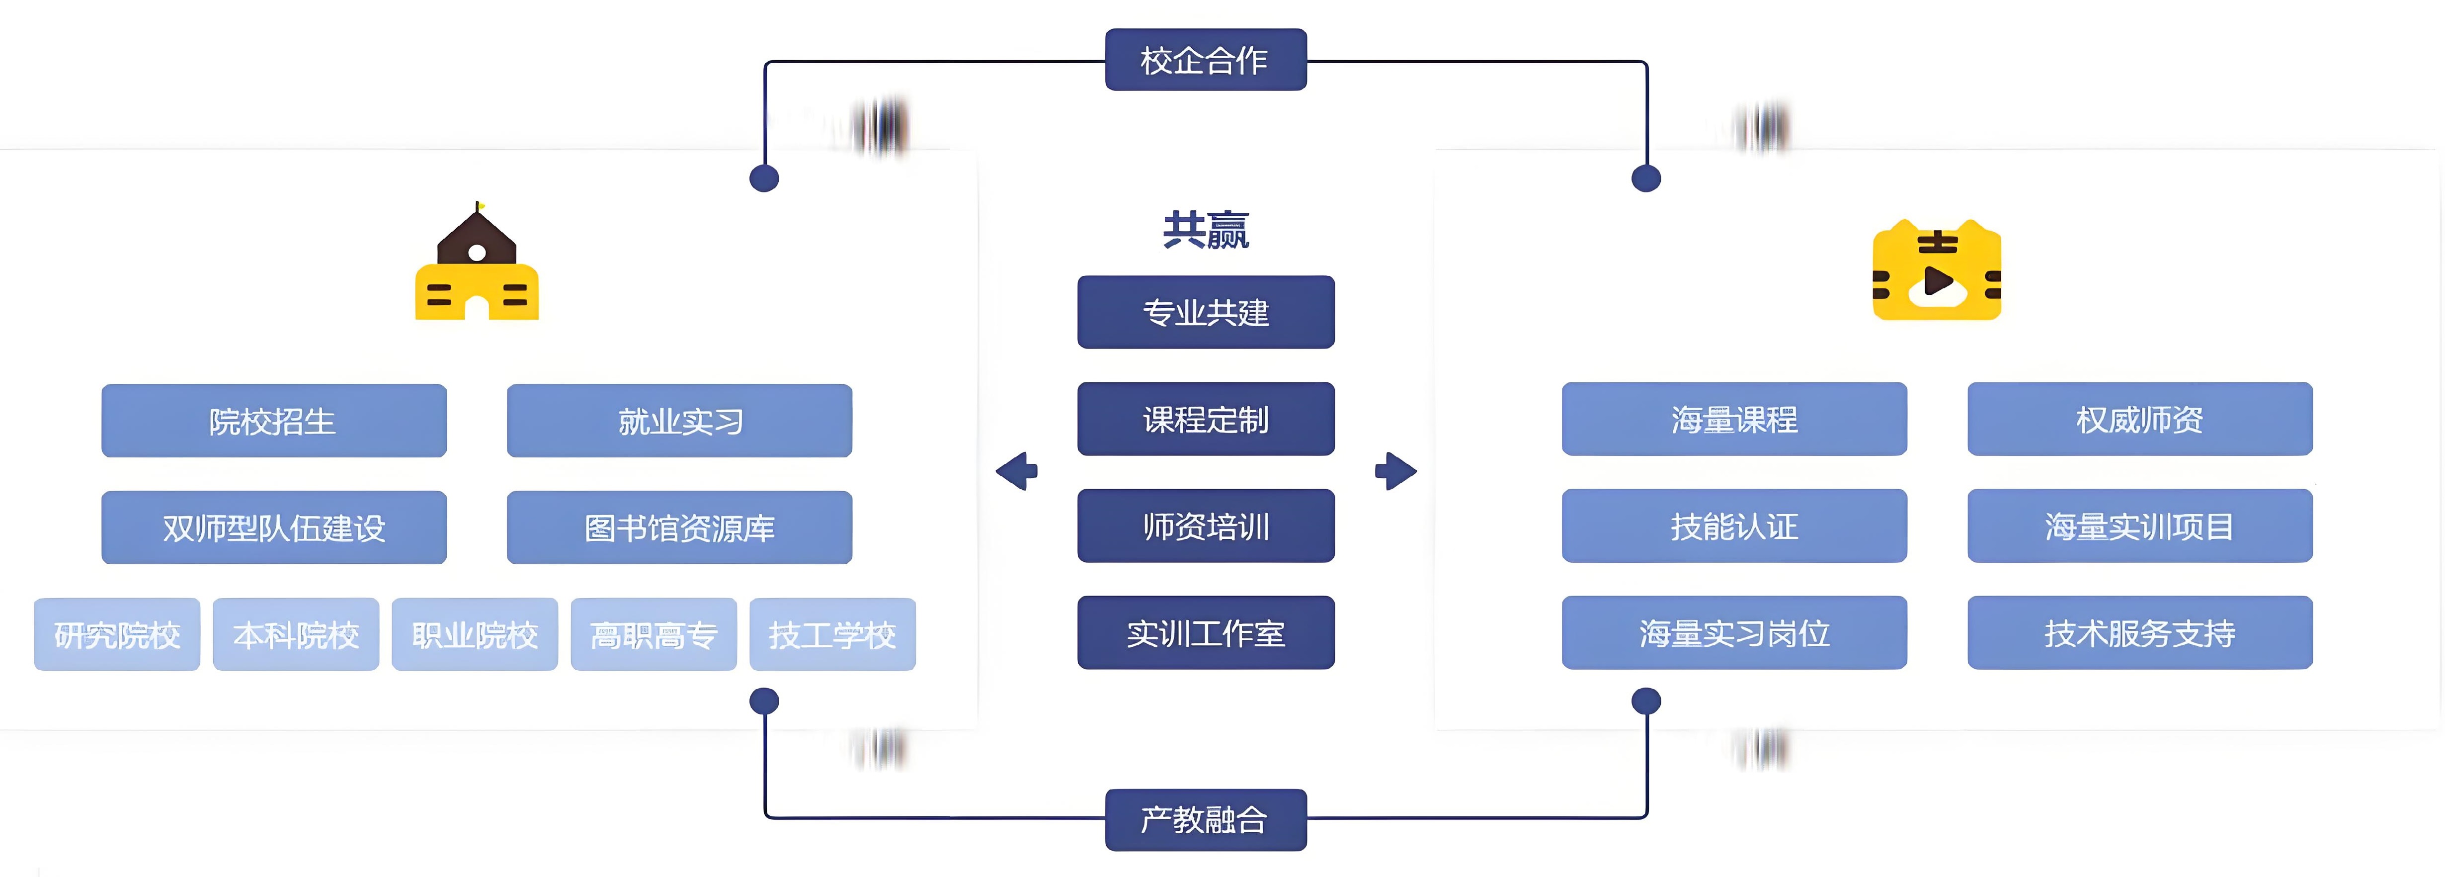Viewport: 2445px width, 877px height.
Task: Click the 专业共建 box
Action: point(1206,312)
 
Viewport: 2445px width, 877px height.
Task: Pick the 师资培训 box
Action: point(1206,526)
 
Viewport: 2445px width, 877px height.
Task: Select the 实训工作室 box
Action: point(1206,633)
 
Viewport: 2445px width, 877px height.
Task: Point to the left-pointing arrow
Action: point(1017,471)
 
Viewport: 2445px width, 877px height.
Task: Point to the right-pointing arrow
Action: point(1395,471)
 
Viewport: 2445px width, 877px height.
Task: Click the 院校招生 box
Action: point(273,421)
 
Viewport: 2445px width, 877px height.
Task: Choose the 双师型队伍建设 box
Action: point(273,527)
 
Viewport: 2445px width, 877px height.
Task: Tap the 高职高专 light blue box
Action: point(653,634)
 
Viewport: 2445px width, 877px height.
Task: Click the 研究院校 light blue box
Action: point(117,634)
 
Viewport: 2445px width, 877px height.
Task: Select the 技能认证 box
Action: point(1734,526)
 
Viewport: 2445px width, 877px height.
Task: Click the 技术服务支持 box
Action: point(2139,633)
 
